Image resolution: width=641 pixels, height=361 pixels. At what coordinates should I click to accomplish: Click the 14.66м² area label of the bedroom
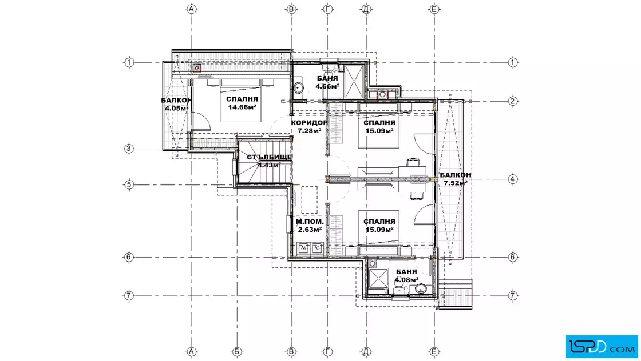242,107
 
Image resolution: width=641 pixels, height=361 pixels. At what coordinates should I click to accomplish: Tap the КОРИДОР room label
309,122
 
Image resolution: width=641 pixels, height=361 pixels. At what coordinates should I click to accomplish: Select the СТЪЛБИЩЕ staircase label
270,157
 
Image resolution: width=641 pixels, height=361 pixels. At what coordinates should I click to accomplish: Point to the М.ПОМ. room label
310,222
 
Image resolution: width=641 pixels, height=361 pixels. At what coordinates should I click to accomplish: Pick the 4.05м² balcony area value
177,109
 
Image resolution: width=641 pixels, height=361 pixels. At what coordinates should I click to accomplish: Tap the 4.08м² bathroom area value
406,280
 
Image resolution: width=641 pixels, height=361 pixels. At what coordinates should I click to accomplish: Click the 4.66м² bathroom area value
327,86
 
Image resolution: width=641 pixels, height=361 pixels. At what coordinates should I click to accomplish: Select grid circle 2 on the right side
513,101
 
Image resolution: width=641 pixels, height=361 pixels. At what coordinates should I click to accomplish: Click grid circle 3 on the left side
129,149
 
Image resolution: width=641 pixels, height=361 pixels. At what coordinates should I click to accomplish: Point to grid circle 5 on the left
129,184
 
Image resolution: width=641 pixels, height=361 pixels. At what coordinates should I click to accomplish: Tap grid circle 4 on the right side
513,179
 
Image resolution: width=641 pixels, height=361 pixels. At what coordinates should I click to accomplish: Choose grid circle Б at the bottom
237,351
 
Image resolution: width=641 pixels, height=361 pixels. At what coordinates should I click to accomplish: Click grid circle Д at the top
366,9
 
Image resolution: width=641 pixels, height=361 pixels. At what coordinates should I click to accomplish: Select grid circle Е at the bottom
434,351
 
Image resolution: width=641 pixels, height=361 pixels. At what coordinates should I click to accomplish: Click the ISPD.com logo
602,347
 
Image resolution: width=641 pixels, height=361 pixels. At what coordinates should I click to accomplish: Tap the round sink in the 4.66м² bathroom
298,88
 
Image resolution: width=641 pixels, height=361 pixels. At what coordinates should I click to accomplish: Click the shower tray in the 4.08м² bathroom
378,278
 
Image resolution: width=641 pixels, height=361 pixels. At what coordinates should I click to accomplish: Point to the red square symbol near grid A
197,68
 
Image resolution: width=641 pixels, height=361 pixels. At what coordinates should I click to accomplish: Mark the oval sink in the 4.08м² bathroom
421,289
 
